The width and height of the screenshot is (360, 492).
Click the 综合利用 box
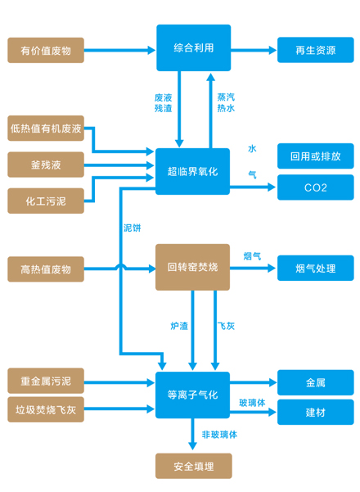[x=193, y=47]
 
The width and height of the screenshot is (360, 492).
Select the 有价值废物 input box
[x=46, y=50]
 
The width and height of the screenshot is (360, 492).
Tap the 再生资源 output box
[x=316, y=50]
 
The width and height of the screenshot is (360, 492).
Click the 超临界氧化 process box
[x=192, y=171]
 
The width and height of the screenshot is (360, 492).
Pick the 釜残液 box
[x=46, y=165]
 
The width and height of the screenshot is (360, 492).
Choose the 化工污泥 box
[x=46, y=201]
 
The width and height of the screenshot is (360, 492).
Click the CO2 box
[x=316, y=187]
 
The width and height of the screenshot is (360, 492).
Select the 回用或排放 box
[x=316, y=156]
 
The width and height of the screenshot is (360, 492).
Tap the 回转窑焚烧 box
[x=192, y=267]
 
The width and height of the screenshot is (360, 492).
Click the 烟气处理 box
[x=316, y=268]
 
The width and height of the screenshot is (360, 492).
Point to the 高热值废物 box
[x=46, y=269]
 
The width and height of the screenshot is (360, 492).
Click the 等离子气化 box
[x=192, y=395]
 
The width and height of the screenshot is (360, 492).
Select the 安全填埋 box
[x=193, y=466]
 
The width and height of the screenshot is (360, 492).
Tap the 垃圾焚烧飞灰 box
[x=46, y=409]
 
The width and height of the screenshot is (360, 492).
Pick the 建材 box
[x=316, y=412]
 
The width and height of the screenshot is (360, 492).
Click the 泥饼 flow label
[x=132, y=228]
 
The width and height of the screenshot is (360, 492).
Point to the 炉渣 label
[x=179, y=326]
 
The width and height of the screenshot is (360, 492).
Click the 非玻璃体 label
[x=219, y=435]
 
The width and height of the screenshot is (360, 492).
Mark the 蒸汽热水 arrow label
[x=226, y=102]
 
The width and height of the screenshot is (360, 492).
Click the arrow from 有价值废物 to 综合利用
[x=119, y=50]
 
